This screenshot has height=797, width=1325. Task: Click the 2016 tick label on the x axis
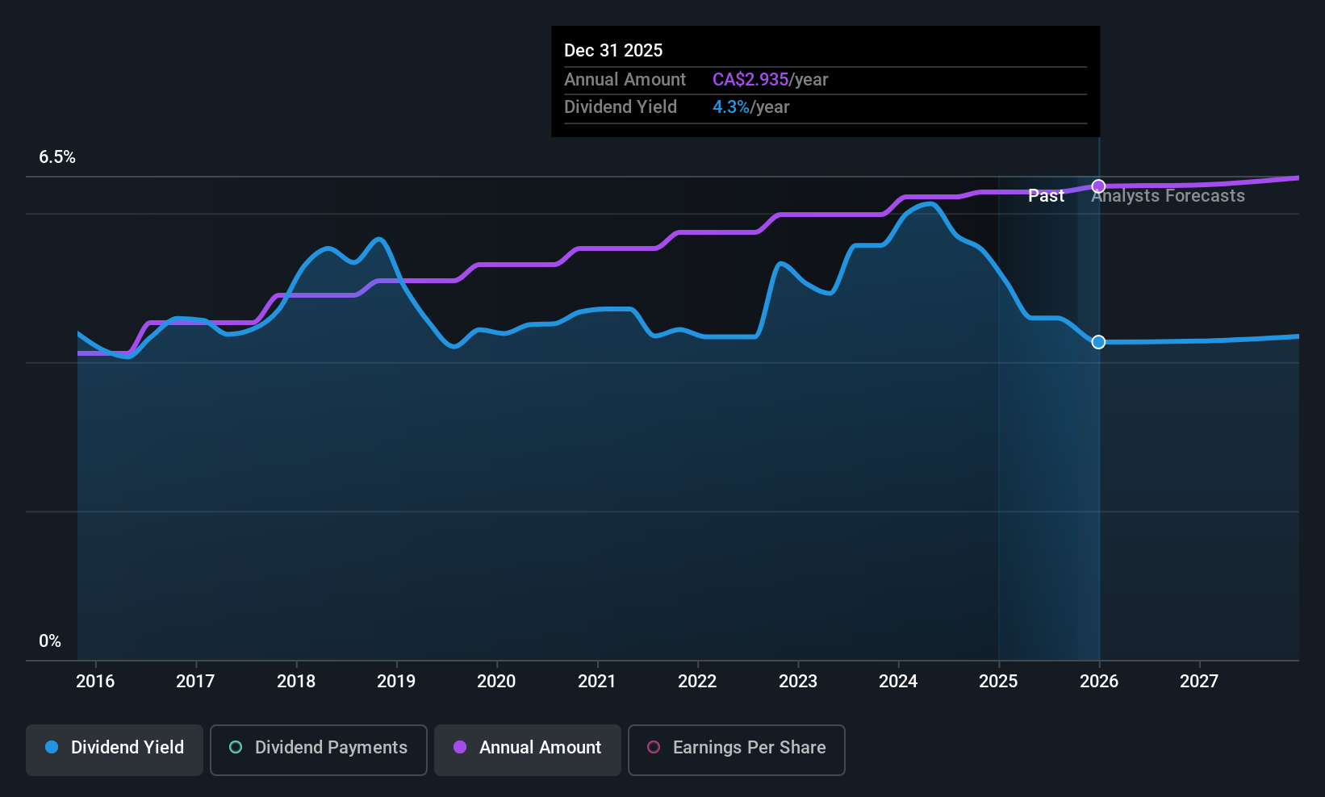pos(95,681)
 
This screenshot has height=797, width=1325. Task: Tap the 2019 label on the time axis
pos(396,681)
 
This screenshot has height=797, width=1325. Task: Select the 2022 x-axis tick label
pos(697,681)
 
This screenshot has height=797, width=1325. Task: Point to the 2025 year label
pos(998,681)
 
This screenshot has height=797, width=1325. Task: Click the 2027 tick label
pos(1199,681)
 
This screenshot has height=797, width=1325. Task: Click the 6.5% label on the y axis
pos(57,157)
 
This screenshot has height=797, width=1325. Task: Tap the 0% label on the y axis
pos(50,641)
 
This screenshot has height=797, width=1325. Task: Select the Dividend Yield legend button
pos(115,748)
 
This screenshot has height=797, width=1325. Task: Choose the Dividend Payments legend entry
pos(319,748)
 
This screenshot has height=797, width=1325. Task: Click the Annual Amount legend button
pos(528,748)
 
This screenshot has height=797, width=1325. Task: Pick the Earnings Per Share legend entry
pos(736,748)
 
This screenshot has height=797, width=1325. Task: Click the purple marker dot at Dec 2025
pos(1098,186)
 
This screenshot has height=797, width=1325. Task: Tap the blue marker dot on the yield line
pos(1098,342)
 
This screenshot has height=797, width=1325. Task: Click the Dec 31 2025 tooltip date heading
pos(613,51)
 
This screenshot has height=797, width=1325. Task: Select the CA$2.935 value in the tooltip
pos(750,80)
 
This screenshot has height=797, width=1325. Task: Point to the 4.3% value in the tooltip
pos(731,107)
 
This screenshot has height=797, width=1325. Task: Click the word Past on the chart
pos(1046,196)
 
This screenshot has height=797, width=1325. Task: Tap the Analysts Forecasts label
pos(1168,196)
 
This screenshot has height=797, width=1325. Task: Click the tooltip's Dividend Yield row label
pos(621,107)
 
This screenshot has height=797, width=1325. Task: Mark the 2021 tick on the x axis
pos(597,681)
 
